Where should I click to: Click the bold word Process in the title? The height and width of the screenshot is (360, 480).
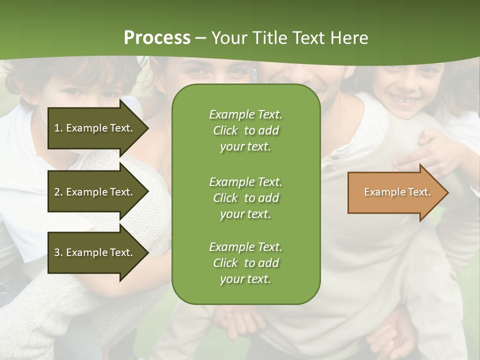157,38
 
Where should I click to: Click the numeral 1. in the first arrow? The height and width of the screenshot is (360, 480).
58,128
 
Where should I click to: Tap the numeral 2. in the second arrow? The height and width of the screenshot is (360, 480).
58,192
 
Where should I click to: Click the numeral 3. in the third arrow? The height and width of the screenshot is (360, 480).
58,252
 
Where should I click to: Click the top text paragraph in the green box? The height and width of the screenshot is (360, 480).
245,130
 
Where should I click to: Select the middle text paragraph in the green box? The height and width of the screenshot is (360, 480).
245,197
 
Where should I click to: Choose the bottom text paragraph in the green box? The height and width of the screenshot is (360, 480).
245,263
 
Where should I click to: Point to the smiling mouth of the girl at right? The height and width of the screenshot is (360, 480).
405,100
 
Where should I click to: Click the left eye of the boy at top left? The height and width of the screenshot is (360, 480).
73,91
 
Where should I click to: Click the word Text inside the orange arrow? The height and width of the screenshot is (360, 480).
419,192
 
